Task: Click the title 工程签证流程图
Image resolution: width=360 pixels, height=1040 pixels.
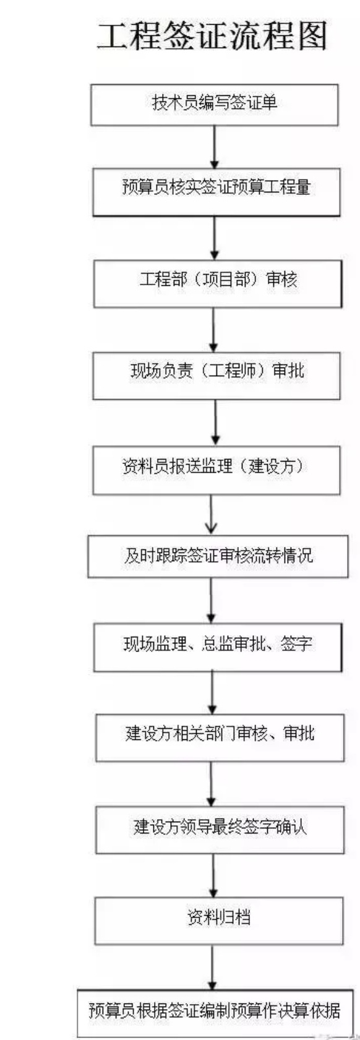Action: click(213, 36)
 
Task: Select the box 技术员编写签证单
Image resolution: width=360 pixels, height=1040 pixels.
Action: click(214, 105)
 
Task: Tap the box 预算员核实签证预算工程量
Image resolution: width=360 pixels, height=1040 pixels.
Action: click(216, 192)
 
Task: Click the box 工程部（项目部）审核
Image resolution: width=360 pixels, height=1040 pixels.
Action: click(218, 284)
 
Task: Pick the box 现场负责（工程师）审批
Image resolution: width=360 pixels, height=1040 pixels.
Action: click(216, 376)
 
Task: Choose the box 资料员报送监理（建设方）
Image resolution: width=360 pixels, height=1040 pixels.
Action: click(216, 470)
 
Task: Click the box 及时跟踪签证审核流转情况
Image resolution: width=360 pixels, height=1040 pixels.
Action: click(218, 556)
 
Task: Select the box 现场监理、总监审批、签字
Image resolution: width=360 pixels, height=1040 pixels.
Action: click(218, 647)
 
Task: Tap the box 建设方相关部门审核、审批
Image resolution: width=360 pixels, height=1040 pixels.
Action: click(220, 737)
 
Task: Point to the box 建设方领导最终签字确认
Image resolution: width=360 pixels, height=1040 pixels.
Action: click(220, 830)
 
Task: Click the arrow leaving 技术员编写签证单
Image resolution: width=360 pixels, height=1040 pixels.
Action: click(214, 147)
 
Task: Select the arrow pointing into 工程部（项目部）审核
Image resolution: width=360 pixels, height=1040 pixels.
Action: click(214, 238)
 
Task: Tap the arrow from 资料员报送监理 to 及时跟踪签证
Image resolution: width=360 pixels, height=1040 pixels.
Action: click(211, 515)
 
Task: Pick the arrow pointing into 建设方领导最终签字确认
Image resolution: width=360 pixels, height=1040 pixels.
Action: click(211, 784)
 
